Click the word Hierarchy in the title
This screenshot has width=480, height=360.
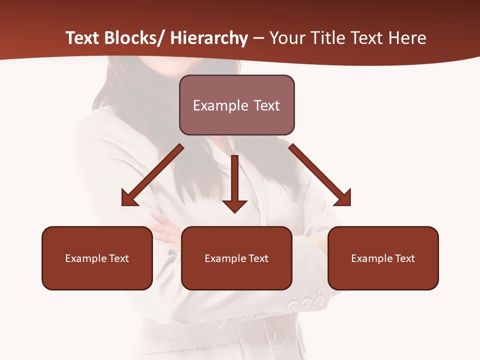tap(209, 38)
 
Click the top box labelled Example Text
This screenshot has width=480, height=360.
tap(237, 105)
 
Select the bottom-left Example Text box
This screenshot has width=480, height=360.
tap(97, 258)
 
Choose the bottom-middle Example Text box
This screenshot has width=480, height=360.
tap(236, 258)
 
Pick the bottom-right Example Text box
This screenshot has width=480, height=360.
tap(383, 258)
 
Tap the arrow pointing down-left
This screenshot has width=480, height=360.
tap(152, 175)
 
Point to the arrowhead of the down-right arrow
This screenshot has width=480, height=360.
tap(342, 198)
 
